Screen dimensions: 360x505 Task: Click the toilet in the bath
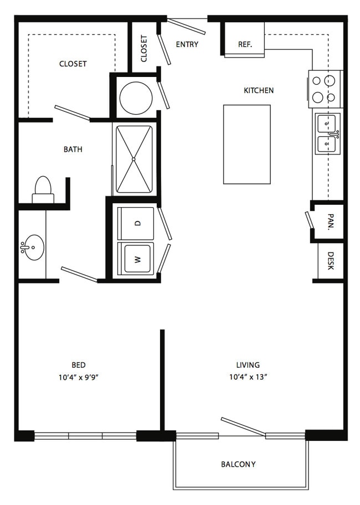[x=43, y=190]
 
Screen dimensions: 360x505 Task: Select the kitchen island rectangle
[x=247, y=145]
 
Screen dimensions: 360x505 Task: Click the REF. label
[x=245, y=44]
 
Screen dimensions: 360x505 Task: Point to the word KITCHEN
[x=259, y=90]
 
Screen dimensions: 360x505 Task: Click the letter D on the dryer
[x=138, y=223]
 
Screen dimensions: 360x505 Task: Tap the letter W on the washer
[x=138, y=259]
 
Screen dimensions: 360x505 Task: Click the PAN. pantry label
[x=331, y=221]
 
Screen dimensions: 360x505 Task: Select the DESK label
[x=331, y=261]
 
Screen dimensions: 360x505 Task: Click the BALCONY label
[x=238, y=465]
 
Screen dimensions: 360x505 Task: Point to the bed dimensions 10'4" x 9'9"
[x=78, y=377]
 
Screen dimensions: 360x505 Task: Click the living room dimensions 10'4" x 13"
[x=248, y=377]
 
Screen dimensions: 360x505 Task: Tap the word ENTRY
[x=187, y=44]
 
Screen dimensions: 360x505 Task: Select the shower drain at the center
[x=133, y=159]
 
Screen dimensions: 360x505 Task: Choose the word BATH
[x=73, y=150]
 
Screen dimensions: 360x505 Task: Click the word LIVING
[x=248, y=365]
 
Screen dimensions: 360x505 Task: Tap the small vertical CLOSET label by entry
[x=144, y=48]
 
